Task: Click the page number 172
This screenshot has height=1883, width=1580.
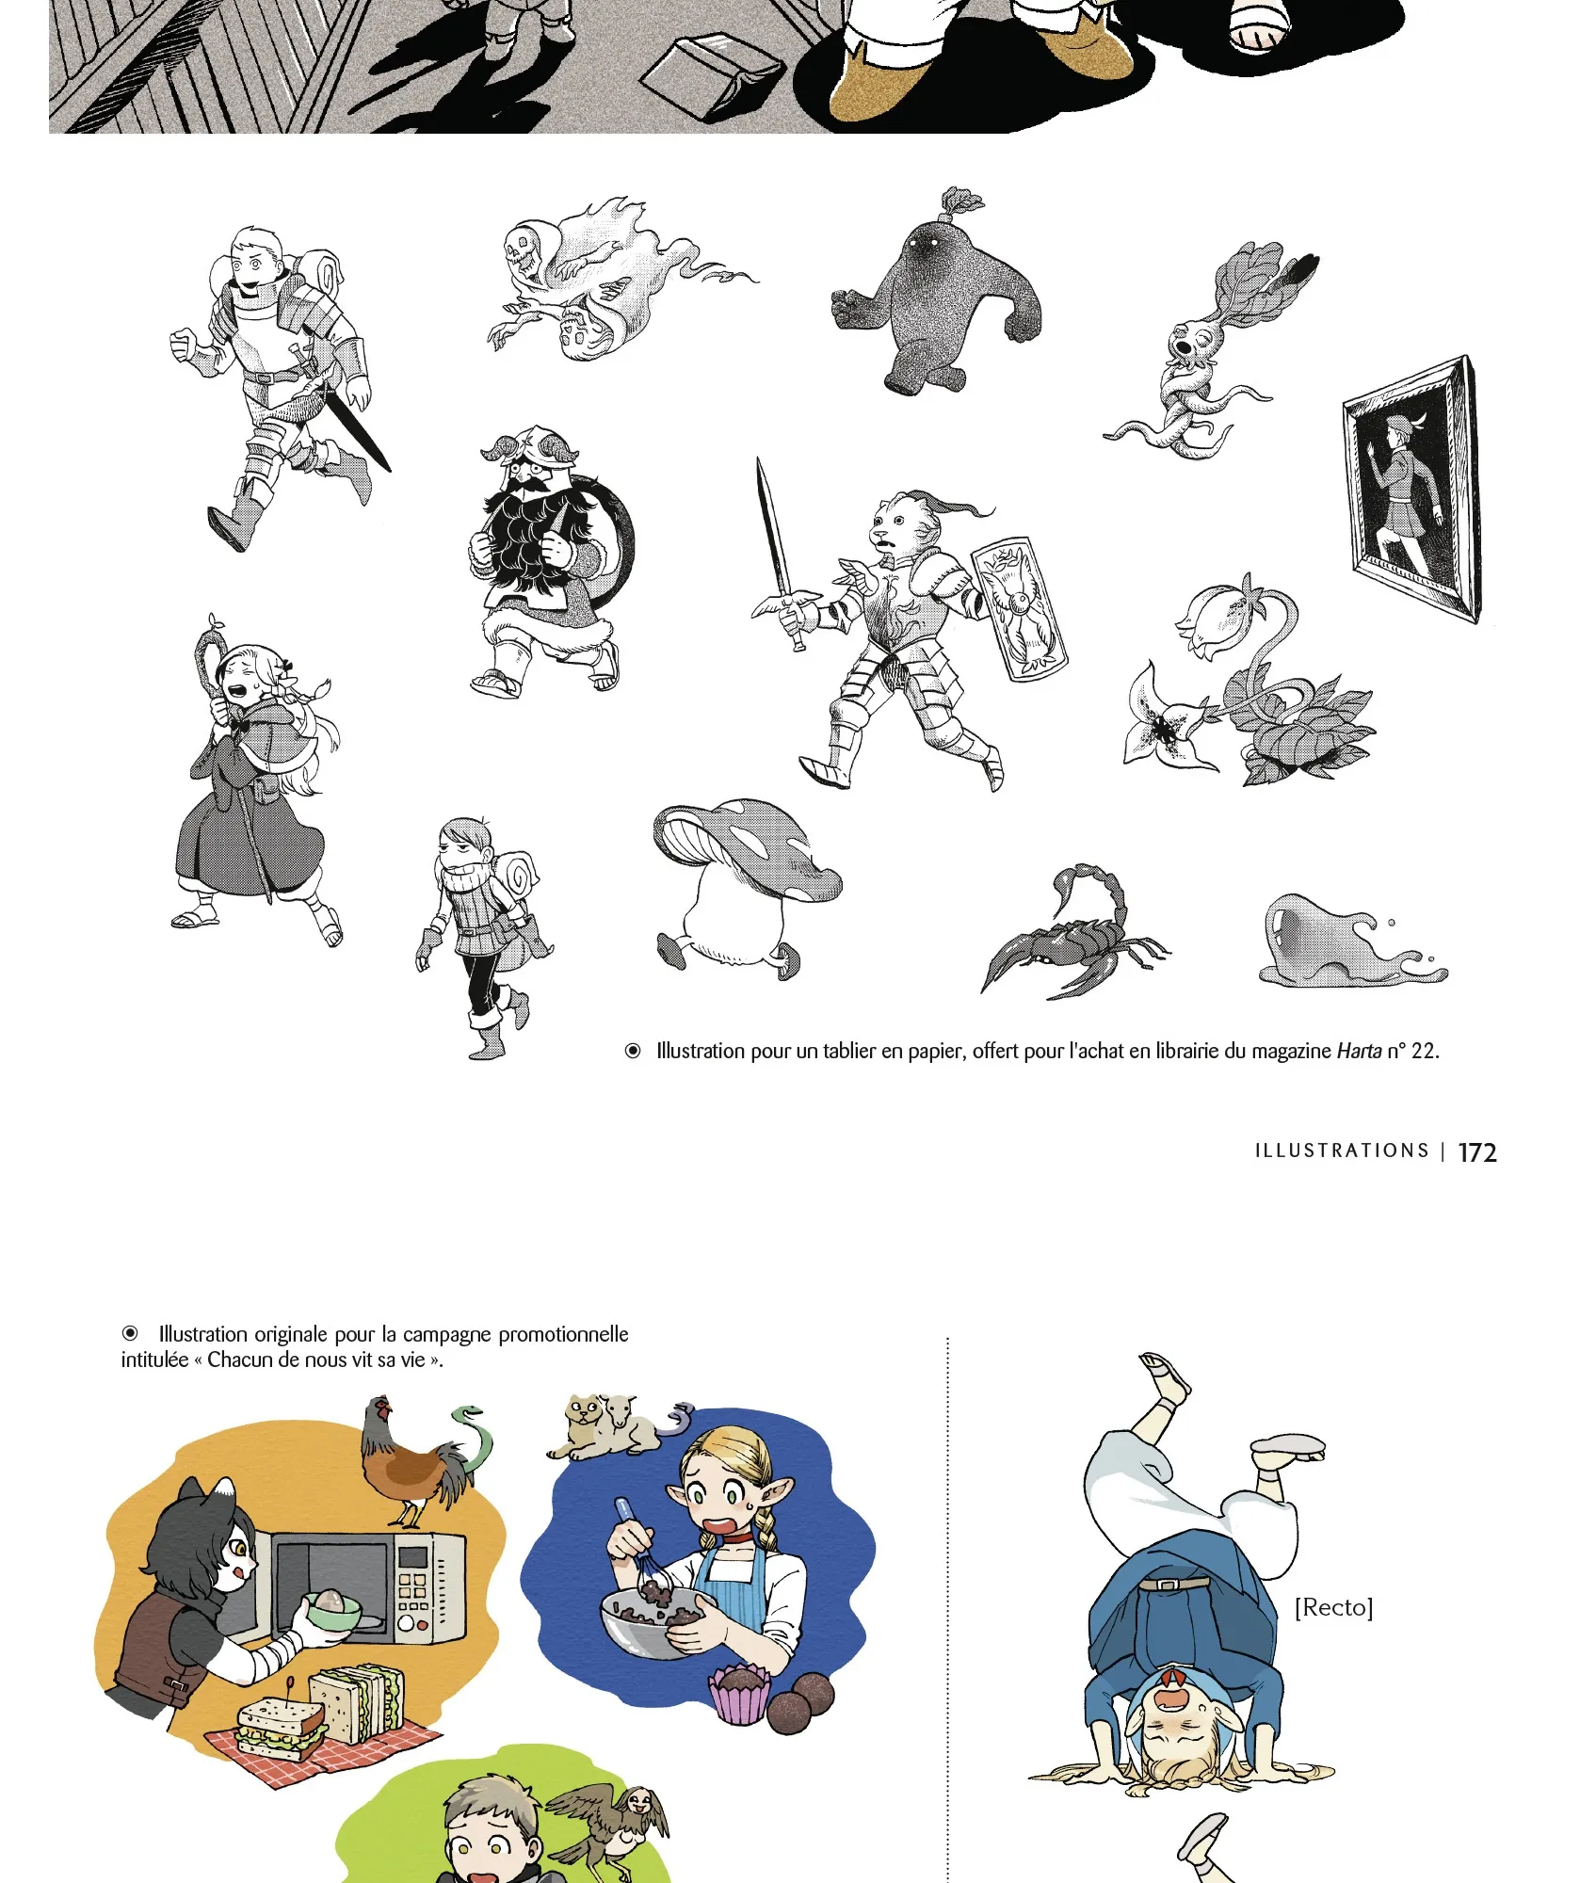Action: point(1476,1152)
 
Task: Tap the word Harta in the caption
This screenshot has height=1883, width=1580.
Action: point(1359,1051)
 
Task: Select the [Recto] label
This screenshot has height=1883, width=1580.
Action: point(1333,1607)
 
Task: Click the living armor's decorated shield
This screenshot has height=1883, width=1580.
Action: point(1020,608)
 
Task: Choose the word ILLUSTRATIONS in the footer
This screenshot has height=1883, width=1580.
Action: point(1342,1151)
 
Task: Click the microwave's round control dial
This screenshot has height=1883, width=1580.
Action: point(407,1623)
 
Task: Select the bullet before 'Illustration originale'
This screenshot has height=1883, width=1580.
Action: point(130,1333)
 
